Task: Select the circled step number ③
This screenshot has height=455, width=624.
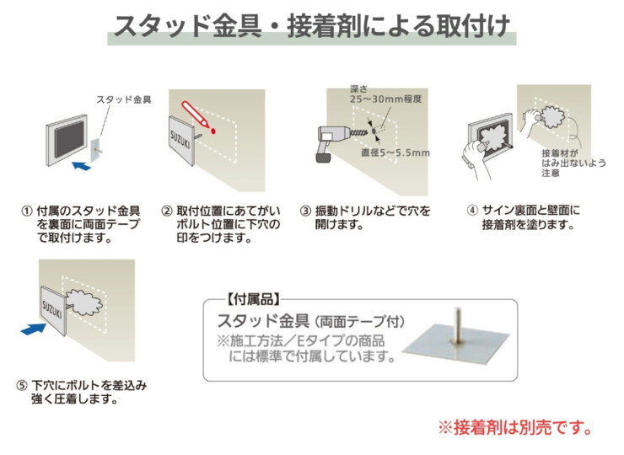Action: point(305,211)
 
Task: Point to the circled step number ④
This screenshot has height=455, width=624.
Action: point(473,211)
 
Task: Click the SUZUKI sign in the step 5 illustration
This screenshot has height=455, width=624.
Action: point(53,308)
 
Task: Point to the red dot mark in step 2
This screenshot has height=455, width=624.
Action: point(214,131)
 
